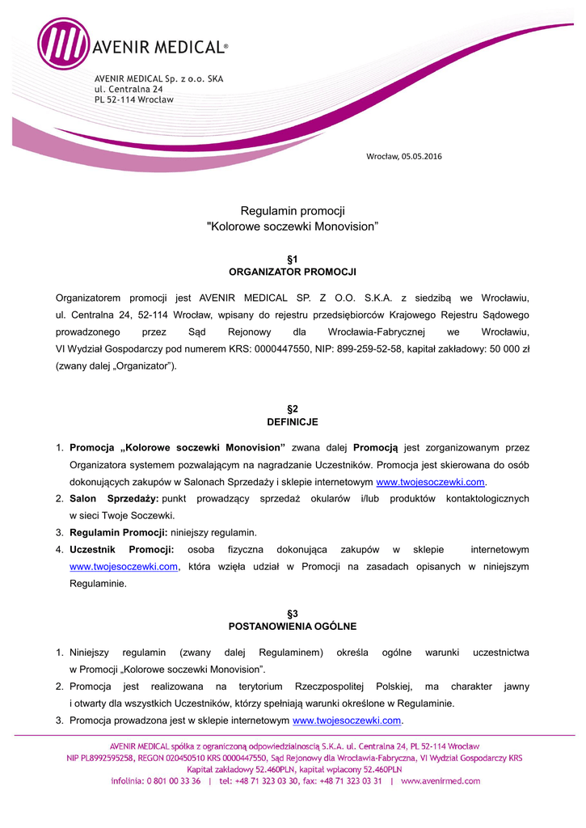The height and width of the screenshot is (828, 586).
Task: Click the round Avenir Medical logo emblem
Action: point(63,44)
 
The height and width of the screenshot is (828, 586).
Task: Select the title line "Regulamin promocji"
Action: point(293,211)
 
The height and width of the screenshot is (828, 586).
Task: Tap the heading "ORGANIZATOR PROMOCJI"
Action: point(293,272)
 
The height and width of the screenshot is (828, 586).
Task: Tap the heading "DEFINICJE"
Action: point(293,422)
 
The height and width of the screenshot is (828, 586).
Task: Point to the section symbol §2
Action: point(293,409)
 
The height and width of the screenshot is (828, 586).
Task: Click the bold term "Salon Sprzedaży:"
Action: point(114,498)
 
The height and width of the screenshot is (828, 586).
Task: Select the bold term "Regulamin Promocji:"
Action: point(119,532)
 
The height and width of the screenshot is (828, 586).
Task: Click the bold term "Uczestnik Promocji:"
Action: point(121,550)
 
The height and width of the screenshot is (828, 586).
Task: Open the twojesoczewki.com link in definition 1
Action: point(430,481)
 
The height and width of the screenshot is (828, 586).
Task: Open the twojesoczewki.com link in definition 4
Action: point(124,567)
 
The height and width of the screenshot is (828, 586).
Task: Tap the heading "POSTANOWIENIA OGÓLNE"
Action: point(293,626)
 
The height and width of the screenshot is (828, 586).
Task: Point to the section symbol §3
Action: point(293,614)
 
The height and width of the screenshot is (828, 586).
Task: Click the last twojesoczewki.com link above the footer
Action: point(347,720)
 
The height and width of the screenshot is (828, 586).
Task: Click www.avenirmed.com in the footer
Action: point(441,781)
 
